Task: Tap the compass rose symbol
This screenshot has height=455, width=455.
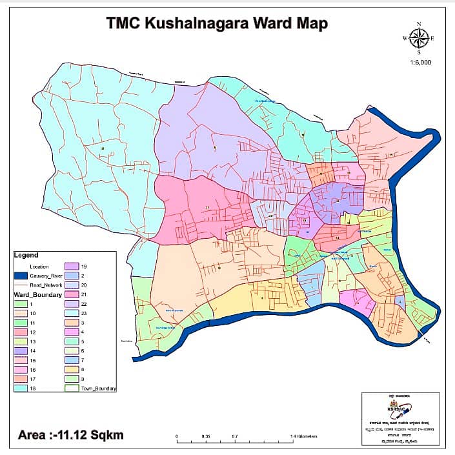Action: (419, 39)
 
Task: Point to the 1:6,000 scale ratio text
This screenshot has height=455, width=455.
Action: (420, 63)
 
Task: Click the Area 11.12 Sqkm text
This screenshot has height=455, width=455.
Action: (69, 435)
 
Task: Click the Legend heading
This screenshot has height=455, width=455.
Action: (26, 256)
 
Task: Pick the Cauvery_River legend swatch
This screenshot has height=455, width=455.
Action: (21, 276)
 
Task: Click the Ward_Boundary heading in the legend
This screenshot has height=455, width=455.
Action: (37, 295)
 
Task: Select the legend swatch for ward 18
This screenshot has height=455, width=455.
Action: (21, 389)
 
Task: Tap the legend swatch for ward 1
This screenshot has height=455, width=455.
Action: (21, 304)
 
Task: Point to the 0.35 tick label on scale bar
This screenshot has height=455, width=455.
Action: (206, 437)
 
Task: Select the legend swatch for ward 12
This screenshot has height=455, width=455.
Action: (21, 332)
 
